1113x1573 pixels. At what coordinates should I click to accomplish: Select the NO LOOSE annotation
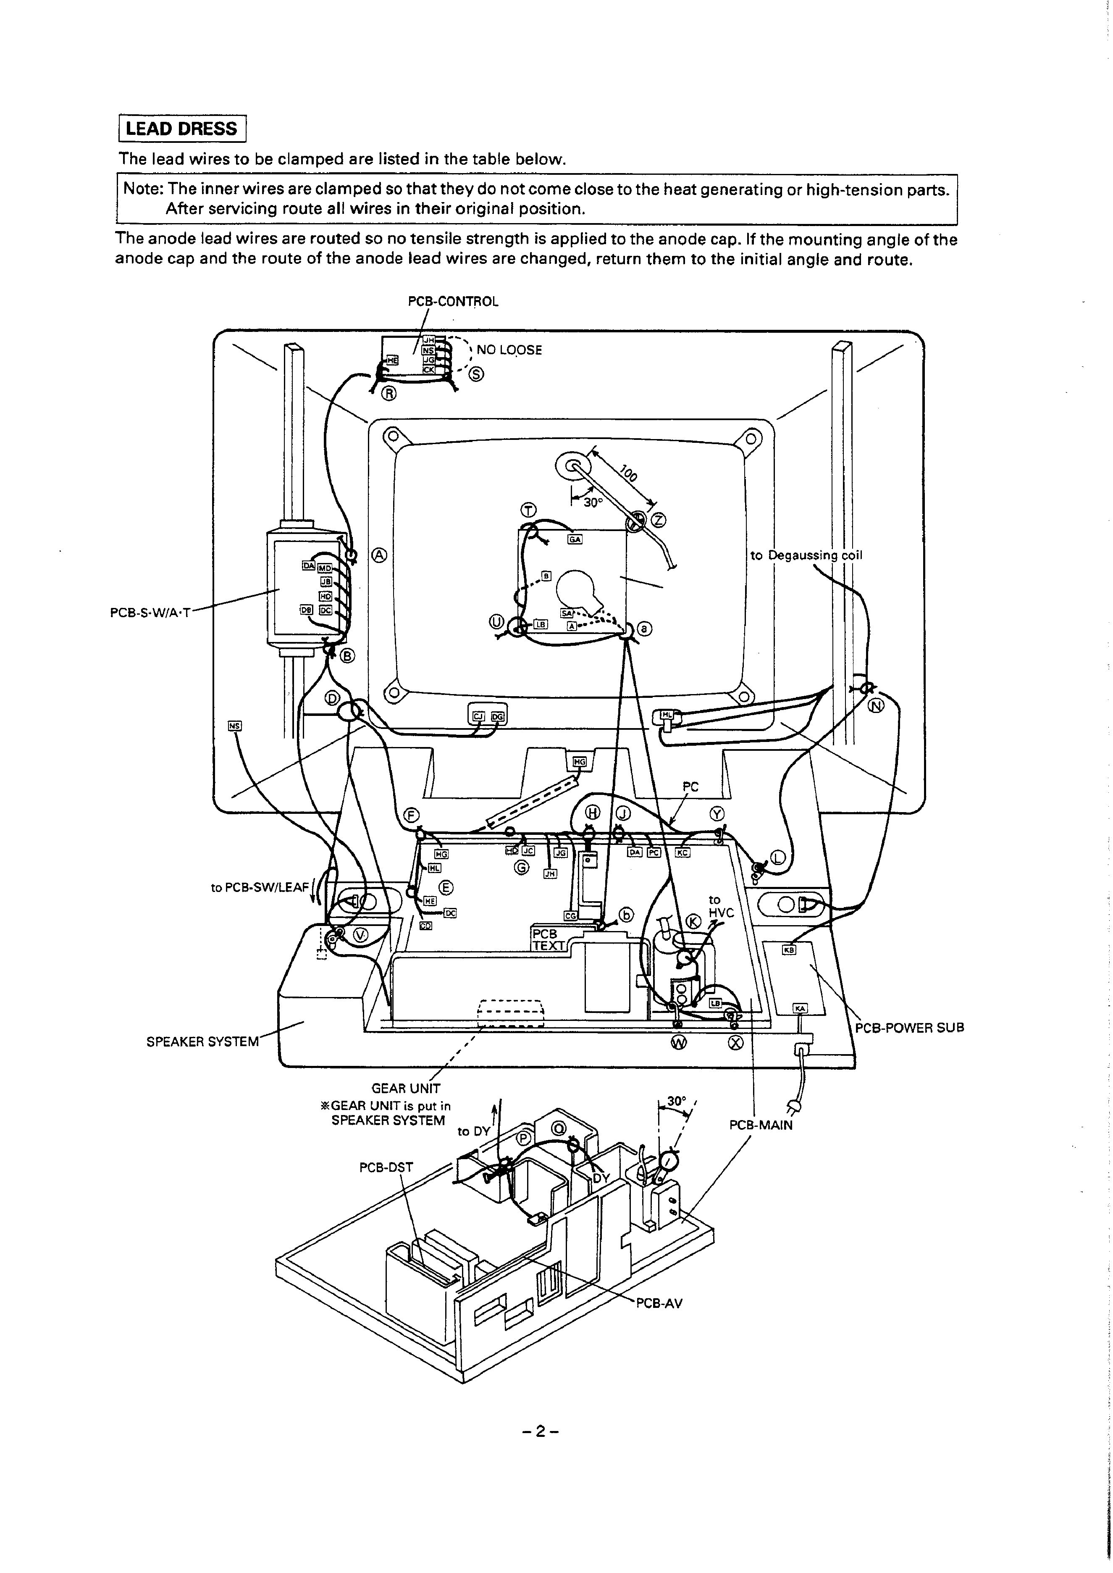pos(509,350)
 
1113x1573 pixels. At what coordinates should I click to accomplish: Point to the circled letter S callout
pos(477,374)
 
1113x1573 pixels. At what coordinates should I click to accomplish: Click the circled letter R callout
pos(388,393)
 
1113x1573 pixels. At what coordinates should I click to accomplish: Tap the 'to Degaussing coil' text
pos(806,555)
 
